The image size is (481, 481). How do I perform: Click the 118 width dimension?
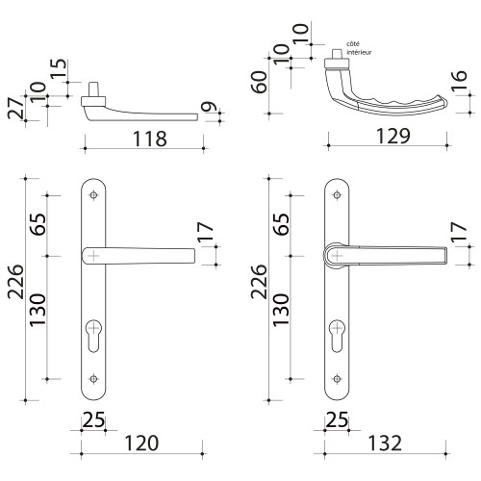click(x=144, y=139)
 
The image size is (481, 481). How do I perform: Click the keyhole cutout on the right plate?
click(x=338, y=329)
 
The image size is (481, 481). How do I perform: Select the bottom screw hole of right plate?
click(x=338, y=377)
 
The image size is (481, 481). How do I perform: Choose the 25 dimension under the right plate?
click(x=338, y=419)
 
